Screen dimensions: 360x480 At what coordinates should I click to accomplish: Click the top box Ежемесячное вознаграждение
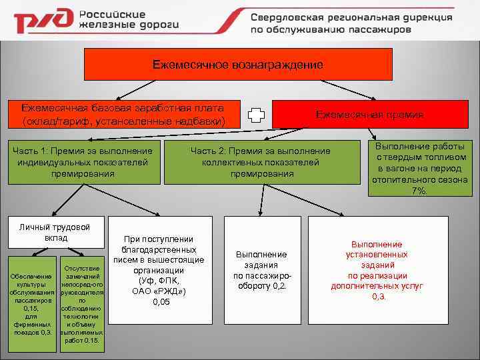click(237, 65)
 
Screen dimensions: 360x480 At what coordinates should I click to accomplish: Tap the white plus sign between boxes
click(256, 115)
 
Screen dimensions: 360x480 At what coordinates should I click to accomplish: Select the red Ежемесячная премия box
click(370, 115)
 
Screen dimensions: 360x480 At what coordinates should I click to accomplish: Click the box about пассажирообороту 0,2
click(262, 270)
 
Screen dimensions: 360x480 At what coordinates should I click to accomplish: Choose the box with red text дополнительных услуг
click(377, 270)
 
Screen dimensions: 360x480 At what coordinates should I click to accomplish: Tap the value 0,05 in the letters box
click(161, 302)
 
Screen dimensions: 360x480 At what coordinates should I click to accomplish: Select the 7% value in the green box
click(419, 191)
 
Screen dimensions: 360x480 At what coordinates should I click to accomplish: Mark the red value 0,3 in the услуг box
click(378, 296)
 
